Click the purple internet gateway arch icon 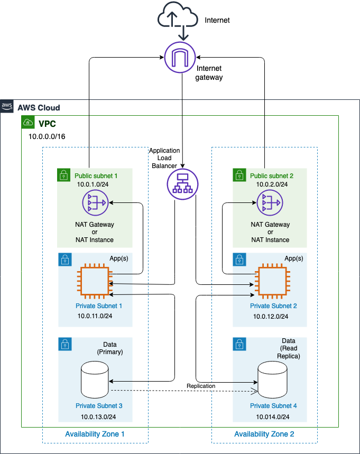pyautogui.click(x=180, y=57)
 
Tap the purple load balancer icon pyautogui.click(x=182, y=183)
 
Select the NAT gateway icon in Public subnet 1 pyautogui.click(x=95, y=202)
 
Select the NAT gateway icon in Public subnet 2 pyautogui.click(x=270, y=202)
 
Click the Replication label pyautogui.click(x=201, y=386)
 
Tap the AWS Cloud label pyautogui.click(x=39, y=108)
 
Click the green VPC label pyautogui.click(x=47, y=124)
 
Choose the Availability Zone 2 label pyautogui.click(x=264, y=434)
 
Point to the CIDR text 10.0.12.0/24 pyautogui.click(x=270, y=316)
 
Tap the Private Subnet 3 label pyautogui.click(x=99, y=406)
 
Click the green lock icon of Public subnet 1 pyautogui.click(x=63, y=174)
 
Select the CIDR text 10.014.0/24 pyautogui.click(x=270, y=417)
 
